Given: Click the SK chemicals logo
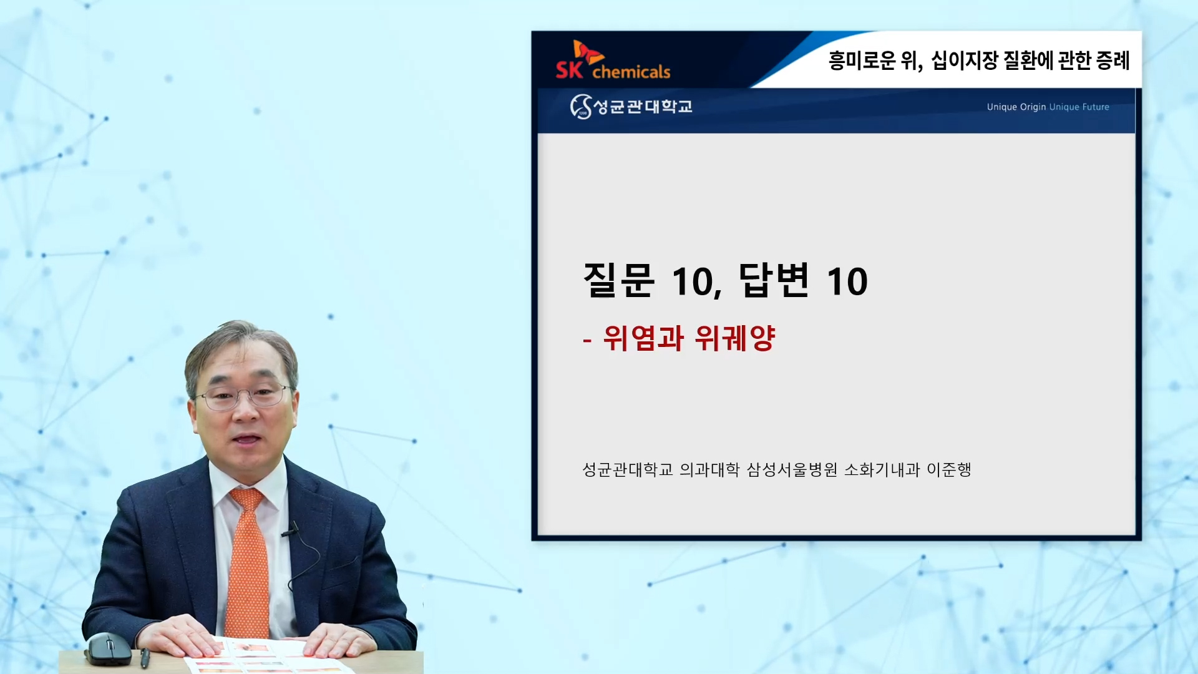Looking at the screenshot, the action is coord(613,61).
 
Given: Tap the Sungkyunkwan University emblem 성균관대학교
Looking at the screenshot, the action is coord(631,107).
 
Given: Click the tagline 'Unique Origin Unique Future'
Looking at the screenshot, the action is coord(1048,107).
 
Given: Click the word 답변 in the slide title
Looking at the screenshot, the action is coord(774,280).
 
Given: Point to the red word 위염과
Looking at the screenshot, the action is coord(643,338).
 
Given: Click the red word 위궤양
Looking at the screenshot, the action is coord(735,338).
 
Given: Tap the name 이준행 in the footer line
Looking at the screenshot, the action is coord(949,469).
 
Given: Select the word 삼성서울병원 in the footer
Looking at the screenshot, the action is coord(792,469).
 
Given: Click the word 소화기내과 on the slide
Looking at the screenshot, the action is coord(882,469).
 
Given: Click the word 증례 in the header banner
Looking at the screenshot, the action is coord(1113,61).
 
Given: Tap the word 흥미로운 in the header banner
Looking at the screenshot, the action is coord(862,61).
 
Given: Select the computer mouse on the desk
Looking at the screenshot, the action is coord(108,648).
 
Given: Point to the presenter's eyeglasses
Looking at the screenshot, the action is coord(243,396).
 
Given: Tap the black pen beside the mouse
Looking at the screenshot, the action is coord(145,658).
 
